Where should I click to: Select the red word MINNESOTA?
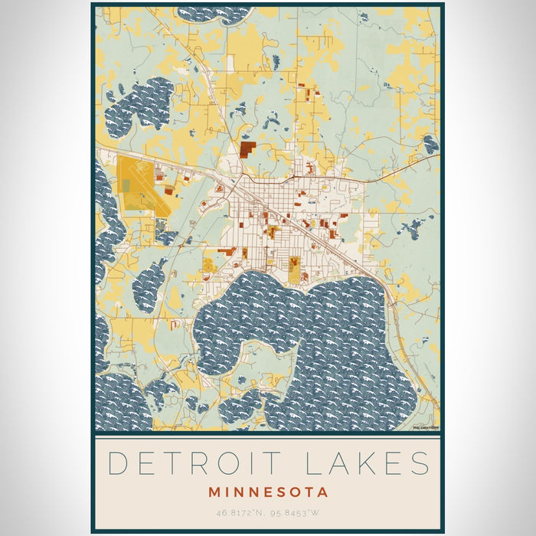(x=267, y=492)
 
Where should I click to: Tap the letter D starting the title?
(x=117, y=465)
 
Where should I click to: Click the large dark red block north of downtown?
(x=247, y=149)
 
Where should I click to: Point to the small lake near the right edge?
(x=431, y=144)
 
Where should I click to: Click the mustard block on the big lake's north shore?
(x=294, y=269)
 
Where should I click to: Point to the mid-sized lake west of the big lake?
(x=149, y=283)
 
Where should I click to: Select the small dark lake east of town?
(x=413, y=227)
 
